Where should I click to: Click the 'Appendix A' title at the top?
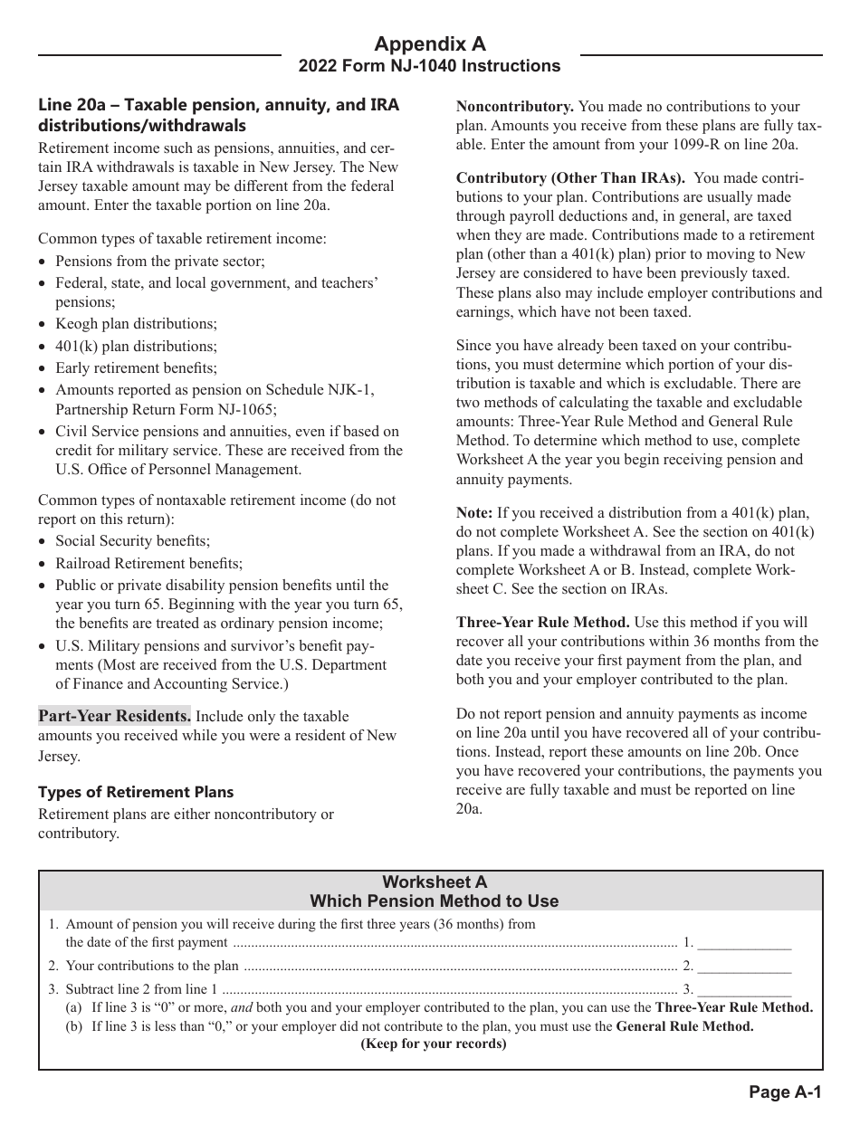pyautogui.click(x=430, y=44)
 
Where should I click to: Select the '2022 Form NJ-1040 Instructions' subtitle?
pyautogui.click(x=430, y=66)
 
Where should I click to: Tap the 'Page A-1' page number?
pyautogui.click(x=785, y=1092)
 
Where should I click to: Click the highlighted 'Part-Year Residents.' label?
pyautogui.click(x=114, y=716)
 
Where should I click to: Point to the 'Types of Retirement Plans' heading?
pyautogui.click(x=136, y=792)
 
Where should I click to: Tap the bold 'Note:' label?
pyautogui.click(x=474, y=512)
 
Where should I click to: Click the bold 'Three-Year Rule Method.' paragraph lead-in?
pyautogui.click(x=543, y=622)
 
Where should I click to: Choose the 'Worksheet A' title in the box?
pyautogui.click(x=434, y=881)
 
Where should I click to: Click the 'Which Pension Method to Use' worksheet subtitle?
pyautogui.click(x=434, y=901)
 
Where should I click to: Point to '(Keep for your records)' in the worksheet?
pyautogui.click(x=434, y=1043)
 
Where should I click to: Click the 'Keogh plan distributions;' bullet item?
pyautogui.click(x=136, y=324)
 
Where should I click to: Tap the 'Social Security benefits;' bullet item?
pyautogui.click(x=132, y=541)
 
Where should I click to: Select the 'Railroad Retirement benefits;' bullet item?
pyautogui.click(x=148, y=563)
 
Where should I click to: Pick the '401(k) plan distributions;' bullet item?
pyautogui.click(x=136, y=346)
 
